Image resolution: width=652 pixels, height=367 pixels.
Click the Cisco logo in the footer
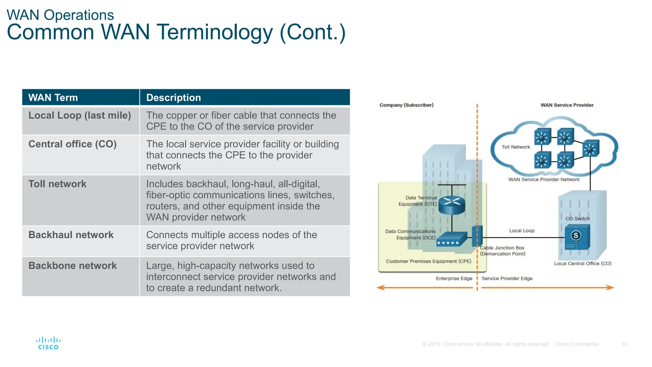point(48,343)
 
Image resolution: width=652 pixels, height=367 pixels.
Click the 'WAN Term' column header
point(53,97)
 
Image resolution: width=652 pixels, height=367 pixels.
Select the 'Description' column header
point(174,97)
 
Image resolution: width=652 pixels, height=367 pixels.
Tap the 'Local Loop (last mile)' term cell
point(80,115)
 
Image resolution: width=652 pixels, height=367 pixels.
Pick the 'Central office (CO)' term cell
point(73,144)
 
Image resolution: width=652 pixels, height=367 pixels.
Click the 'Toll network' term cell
point(57,184)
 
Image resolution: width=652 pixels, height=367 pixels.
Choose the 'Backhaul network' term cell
point(71,235)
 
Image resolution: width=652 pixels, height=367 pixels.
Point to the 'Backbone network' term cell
point(73,266)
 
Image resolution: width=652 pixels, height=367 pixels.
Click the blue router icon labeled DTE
point(451,205)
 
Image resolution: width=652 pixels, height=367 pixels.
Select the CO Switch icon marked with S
point(577,237)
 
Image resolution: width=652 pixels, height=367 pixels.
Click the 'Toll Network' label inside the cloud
point(516,147)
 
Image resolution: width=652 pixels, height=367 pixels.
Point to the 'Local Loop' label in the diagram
point(521,231)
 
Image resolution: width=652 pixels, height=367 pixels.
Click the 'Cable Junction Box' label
point(502,248)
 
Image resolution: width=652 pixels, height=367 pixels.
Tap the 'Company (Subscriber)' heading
point(406,105)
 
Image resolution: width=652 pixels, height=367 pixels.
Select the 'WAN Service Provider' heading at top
point(567,105)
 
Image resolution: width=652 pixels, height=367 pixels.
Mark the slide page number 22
point(624,344)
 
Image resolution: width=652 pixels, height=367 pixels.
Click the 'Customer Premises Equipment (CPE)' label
point(428,261)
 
